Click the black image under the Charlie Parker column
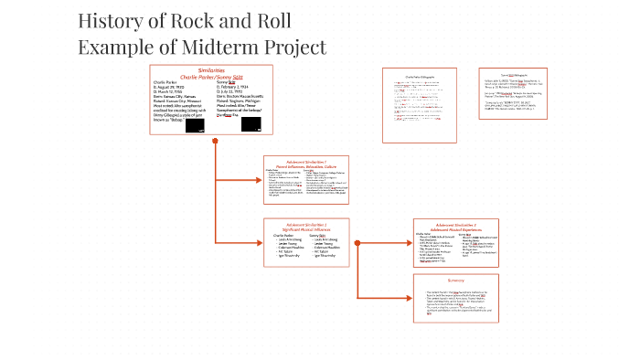pyautogui.click(x=195, y=126)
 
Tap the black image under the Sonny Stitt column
pyautogui.click(x=251, y=126)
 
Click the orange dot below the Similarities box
pyautogui.click(x=215, y=141)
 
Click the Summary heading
pyautogui.click(x=456, y=280)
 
